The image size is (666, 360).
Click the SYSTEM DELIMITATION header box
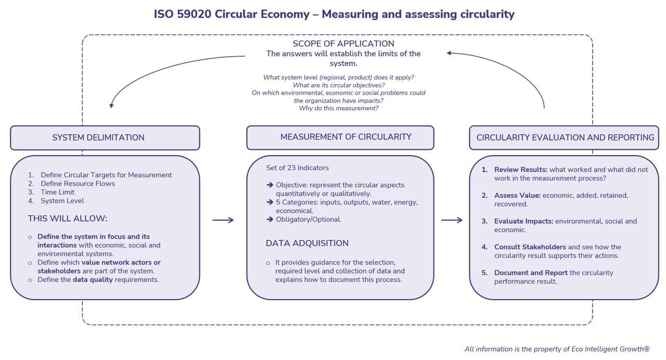(105, 138)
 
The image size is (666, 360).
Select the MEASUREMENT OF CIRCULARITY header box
(340, 137)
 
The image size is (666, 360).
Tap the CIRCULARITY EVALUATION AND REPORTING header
(564, 138)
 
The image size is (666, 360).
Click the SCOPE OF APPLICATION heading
(343, 44)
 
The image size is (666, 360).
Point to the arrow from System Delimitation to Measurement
(223, 220)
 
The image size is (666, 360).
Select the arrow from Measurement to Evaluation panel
(452, 220)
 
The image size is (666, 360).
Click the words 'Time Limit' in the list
(57, 192)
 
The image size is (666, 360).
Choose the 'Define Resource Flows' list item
(78, 184)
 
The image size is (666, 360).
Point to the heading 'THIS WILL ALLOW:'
(68, 218)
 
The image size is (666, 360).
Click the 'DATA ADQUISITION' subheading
(307, 243)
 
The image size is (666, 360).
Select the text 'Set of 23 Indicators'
(298, 168)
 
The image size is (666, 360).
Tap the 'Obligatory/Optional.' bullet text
(309, 219)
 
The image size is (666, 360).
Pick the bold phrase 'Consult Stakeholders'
(530, 247)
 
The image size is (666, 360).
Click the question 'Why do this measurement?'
(339, 108)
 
